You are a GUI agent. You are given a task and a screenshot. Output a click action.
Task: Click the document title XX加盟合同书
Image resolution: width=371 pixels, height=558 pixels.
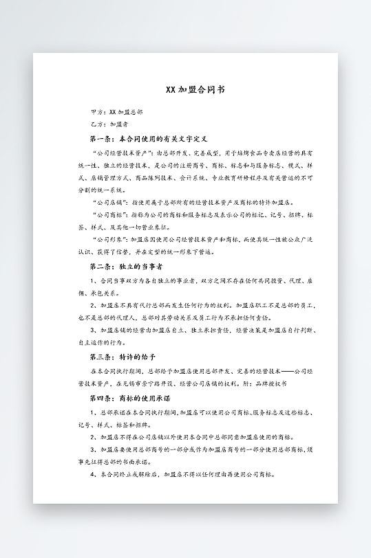(185, 89)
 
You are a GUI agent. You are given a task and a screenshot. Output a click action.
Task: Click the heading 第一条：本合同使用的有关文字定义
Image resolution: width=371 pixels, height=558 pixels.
(143, 139)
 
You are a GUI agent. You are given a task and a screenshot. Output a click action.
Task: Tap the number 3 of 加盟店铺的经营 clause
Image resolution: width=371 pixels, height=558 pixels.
(92, 330)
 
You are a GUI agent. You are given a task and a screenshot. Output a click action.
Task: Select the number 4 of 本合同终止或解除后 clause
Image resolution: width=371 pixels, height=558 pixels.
(92, 474)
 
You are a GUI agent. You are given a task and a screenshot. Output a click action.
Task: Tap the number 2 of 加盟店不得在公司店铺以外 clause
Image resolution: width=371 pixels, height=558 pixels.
(92, 437)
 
